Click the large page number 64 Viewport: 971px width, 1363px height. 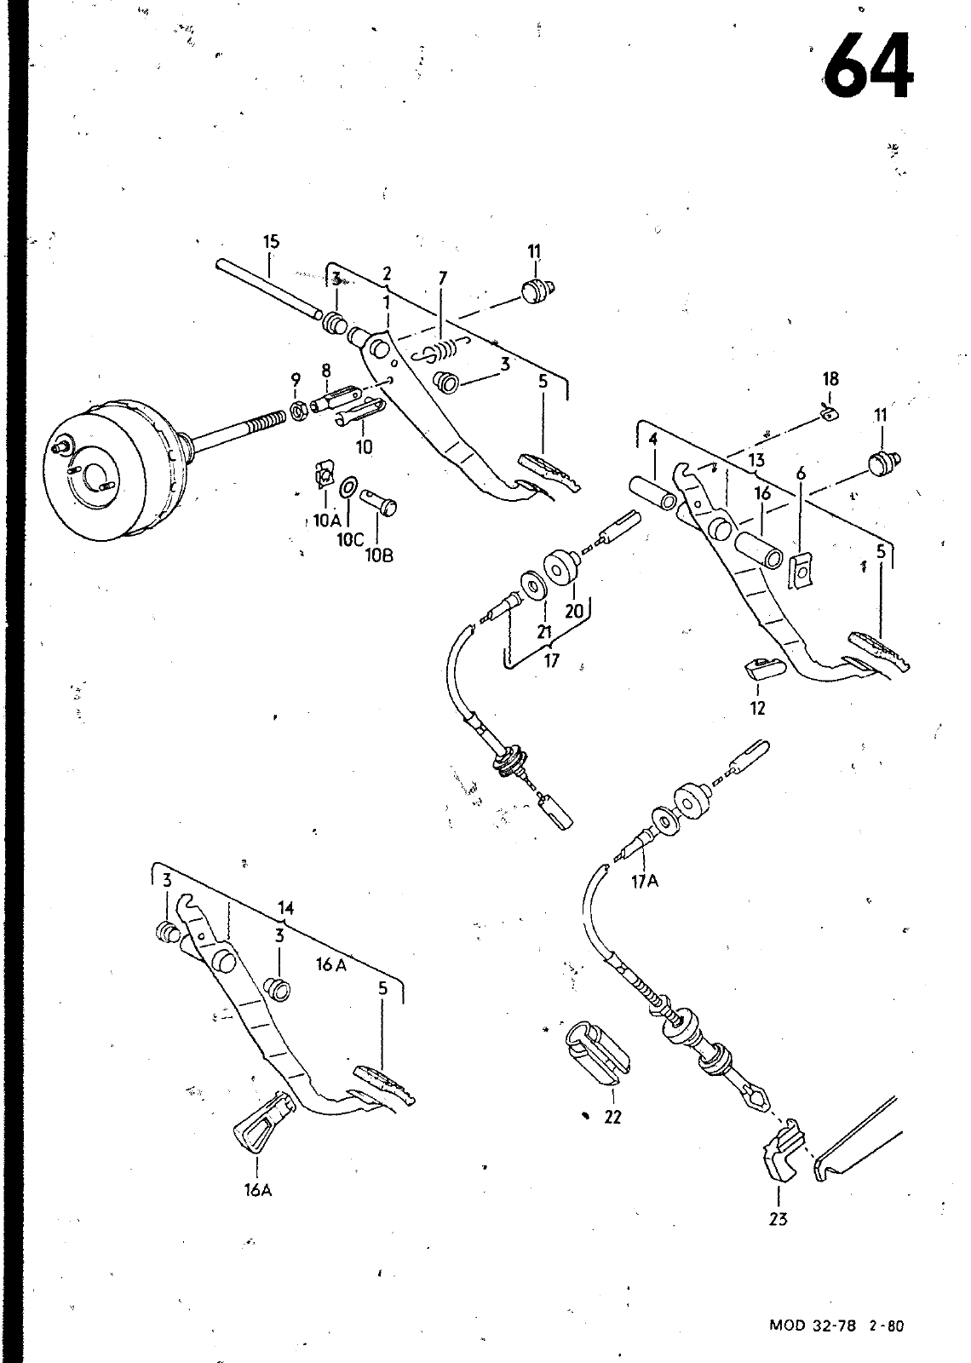point(869,66)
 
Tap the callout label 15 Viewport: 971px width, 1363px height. point(272,242)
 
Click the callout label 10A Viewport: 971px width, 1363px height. point(327,520)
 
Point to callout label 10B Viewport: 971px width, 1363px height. point(379,555)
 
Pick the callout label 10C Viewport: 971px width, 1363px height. point(350,540)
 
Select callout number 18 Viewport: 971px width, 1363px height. point(830,379)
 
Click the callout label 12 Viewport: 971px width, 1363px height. point(757,708)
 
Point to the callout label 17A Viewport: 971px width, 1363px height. point(645,881)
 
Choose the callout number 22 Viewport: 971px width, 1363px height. point(612,1117)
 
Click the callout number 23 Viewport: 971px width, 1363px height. point(779,1219)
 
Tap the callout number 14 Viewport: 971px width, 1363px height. point(286,908)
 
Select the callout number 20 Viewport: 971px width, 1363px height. point(574,611)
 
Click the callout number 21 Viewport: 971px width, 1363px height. point(544,632)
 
